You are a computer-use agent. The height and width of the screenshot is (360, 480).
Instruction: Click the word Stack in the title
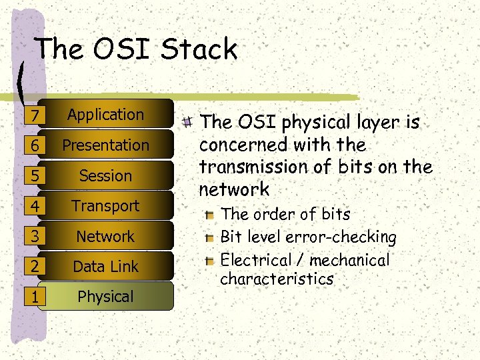click(x=199, y=49)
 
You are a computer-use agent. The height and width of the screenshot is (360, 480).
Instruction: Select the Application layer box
click(x=106, y=115)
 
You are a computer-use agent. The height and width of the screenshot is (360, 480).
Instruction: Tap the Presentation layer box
click(x=106, y=145)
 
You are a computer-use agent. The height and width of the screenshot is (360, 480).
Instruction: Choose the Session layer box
click(x=106, y=176)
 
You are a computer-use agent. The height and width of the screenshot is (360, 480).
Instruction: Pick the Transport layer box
click(x=106, y=206)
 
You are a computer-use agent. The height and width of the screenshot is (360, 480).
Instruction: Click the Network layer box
click(x=106, y=237)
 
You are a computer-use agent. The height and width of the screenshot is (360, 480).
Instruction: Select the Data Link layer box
click(x=106, y=267)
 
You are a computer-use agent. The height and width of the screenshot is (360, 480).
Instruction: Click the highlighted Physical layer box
click(x=106, y=297)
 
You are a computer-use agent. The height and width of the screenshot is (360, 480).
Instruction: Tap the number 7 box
click(x=33, y=116)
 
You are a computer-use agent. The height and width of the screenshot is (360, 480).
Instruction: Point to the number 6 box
click(x=33, y=146)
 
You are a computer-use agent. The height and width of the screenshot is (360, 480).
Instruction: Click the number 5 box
click(x=33, y=177)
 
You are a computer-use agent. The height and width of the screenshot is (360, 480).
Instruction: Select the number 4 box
click(x=33, y=207)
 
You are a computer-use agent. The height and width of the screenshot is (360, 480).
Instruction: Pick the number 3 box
click(x=33, y=237)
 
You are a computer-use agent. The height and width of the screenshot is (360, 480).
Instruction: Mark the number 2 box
click(x=33, y=267)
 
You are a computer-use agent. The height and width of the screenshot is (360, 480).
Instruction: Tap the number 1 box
click(x=33, y=297)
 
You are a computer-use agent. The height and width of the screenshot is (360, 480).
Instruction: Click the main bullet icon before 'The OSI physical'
click(x=189, y=122)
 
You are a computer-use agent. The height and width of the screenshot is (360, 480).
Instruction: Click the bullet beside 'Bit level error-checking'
click(x=210, y=237)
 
